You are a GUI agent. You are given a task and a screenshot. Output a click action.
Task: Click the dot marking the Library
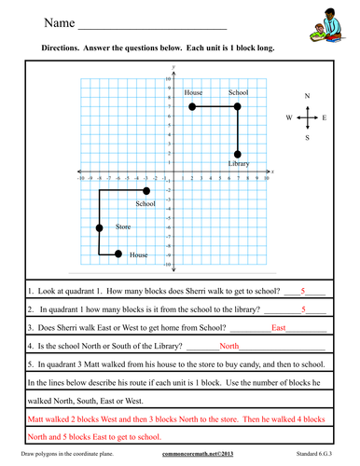coord(238,154)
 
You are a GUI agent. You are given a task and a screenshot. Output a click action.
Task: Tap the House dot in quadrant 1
coord(191,107)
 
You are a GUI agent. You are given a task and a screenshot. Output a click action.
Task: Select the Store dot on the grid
coord(99,227)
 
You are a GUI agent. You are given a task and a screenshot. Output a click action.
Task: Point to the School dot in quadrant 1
coord(238,107)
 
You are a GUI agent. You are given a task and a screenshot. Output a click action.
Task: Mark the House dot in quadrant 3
coord(118,254)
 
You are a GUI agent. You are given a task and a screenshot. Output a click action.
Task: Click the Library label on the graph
coord(239,165)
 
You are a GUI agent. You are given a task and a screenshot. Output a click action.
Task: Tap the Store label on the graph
coord(123,226)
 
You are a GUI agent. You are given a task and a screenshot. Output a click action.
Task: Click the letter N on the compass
coord(307,96)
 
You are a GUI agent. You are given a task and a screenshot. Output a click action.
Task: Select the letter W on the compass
coord(289,118)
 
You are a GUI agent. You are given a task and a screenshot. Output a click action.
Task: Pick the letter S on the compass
coord(307,138)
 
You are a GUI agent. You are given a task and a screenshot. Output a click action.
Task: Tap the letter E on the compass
coord(324,118)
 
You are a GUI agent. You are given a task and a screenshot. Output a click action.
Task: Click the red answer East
coord(278,328)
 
